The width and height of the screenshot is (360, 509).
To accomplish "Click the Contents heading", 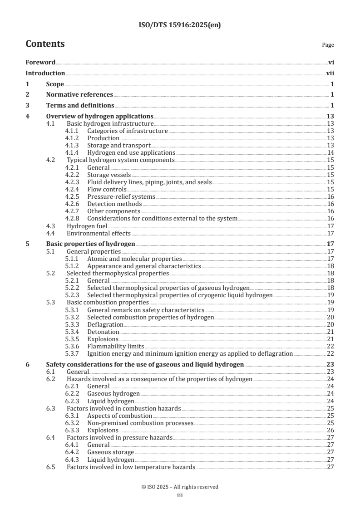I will (45, 44).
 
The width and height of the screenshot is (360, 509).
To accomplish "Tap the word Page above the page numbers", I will (328, 45).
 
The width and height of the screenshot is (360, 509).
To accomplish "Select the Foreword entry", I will (40, 63).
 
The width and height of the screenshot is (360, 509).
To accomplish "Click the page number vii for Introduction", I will (330, 73).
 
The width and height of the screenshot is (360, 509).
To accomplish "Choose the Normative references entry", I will (79, 94).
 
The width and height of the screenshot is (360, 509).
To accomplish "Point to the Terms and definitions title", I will (80, 105).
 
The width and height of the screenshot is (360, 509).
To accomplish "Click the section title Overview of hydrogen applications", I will (99, 116).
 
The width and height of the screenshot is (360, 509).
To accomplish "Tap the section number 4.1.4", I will (73, 153).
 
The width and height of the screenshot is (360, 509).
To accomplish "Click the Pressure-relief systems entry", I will (121, 196).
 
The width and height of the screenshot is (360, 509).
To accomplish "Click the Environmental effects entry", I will (99, 233).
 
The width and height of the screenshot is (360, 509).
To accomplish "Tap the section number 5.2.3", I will (73, 295).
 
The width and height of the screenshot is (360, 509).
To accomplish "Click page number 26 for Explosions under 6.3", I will (330, 430).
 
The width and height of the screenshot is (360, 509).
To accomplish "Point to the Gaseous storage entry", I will (110, 452).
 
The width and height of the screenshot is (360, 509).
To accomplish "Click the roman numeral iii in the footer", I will (180, 495).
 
